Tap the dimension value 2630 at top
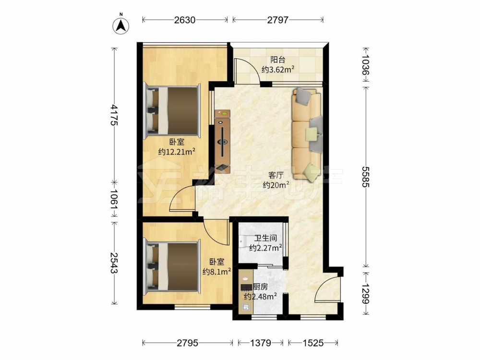(185, 20)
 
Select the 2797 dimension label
(277, 20)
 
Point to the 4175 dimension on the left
(115, 115)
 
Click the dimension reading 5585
(366, 177)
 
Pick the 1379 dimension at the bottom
(261, 343)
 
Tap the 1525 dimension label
(313, 343)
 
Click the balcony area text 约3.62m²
(278, 70)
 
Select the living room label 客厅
(276, 175)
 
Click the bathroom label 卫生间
(265, 238)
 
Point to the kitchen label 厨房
(261, 287)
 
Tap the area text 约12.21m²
(177, 152)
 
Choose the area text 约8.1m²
(217, 272)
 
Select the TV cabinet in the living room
(223, 142)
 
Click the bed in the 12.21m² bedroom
(173, 111)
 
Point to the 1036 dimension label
(366, 65)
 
